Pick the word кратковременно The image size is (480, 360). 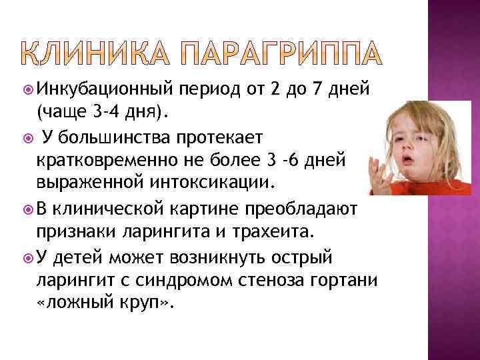113,161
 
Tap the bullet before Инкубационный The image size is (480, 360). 25,89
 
